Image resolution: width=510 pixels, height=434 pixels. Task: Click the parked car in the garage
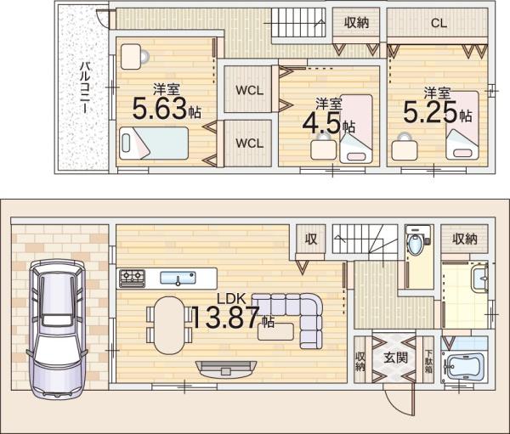[x=57, y=328]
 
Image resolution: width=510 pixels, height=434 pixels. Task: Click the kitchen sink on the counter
[x=178, y=279]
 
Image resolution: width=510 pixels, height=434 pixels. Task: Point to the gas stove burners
[x=133, y=279]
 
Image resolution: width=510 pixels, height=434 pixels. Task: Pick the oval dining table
[x=169, y=325]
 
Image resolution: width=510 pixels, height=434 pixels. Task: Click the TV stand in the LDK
[x=226, y=369]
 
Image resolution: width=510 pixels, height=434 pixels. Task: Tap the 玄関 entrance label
[x=395, y=358]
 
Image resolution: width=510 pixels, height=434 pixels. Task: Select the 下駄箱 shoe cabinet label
[x=429, y=361]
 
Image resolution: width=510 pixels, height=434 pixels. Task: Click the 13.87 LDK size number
[x=225, y=317]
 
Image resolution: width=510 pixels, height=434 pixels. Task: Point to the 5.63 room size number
[x=160, y=108]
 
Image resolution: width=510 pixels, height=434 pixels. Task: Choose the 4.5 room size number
[x=321, y=124]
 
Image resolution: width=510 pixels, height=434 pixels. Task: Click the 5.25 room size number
[x=430, y=112]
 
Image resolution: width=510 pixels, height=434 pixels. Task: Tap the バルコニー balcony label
[x=86, y=87]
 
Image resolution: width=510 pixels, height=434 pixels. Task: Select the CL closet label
[x=439, y=23]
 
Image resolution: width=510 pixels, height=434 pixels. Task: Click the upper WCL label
[x=249, y=90]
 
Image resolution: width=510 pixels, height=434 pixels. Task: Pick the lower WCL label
[x=249, y=143]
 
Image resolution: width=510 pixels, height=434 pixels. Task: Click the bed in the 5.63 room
[x=154, y=143]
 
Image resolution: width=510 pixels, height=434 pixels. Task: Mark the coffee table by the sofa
[x=275, y=331]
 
